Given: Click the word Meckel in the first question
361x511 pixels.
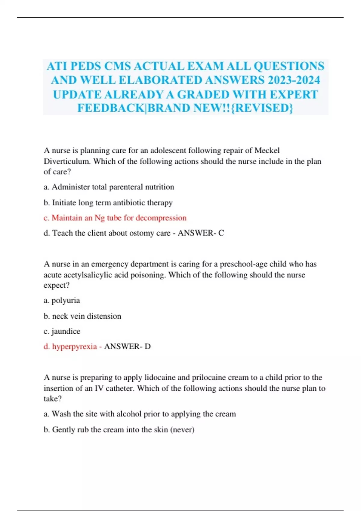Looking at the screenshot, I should (x=267, y=150).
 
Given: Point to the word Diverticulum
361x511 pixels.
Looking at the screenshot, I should (x=67, y=161).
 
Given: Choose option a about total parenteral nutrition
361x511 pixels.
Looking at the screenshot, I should (x=109, y=187).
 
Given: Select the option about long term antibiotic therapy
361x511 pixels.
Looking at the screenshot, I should (x=108, y=203).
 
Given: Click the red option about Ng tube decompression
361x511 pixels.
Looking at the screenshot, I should (x=115, y=218).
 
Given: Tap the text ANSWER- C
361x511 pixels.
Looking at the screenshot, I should (x=201, y=233).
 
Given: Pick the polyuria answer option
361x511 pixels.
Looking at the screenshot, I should (x=62, y=301).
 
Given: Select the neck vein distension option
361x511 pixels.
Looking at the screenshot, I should (x=82, y=316).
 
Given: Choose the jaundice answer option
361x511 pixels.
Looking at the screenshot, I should (x=62, y=331).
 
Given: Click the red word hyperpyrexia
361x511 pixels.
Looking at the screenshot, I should (x=74, y=347).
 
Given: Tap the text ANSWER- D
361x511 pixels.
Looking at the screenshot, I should (x=127, y=347).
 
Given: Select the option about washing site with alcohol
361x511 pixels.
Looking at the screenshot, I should (x=140, y=414).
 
